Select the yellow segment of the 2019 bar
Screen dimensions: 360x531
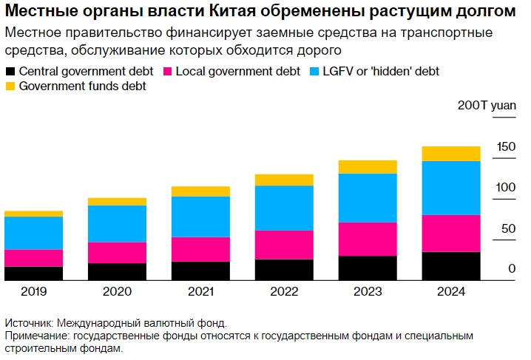pyautogui.click(x=33, y=214)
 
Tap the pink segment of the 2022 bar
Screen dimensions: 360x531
pyautogui.click(x=284, y=245)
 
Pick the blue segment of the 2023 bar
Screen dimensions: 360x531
pyautogui.click(x=368, y=197)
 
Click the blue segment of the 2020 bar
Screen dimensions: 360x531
pyautogui.click(x=117, y=223)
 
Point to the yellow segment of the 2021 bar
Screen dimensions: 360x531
pyautogui.click(x=200, y=191)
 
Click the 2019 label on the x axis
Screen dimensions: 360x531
pyautogui.click(x=33, y=292)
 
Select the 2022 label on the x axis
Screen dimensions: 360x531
pyautogui.click(x=284, y=292)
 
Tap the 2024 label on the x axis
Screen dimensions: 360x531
pyautogui.click(x=451, y=292)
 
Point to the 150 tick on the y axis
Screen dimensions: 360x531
pyautogui.click(x=506, y=148)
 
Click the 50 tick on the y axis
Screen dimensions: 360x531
pyautogui.click(x=507, y=229)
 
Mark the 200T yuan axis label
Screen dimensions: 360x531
pyautogui.click(x=487, y=106)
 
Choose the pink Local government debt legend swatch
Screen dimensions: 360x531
pyautogui.click(x=167, y=72)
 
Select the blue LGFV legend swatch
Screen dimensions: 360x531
pyautogui.click(x=314, y=72)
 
